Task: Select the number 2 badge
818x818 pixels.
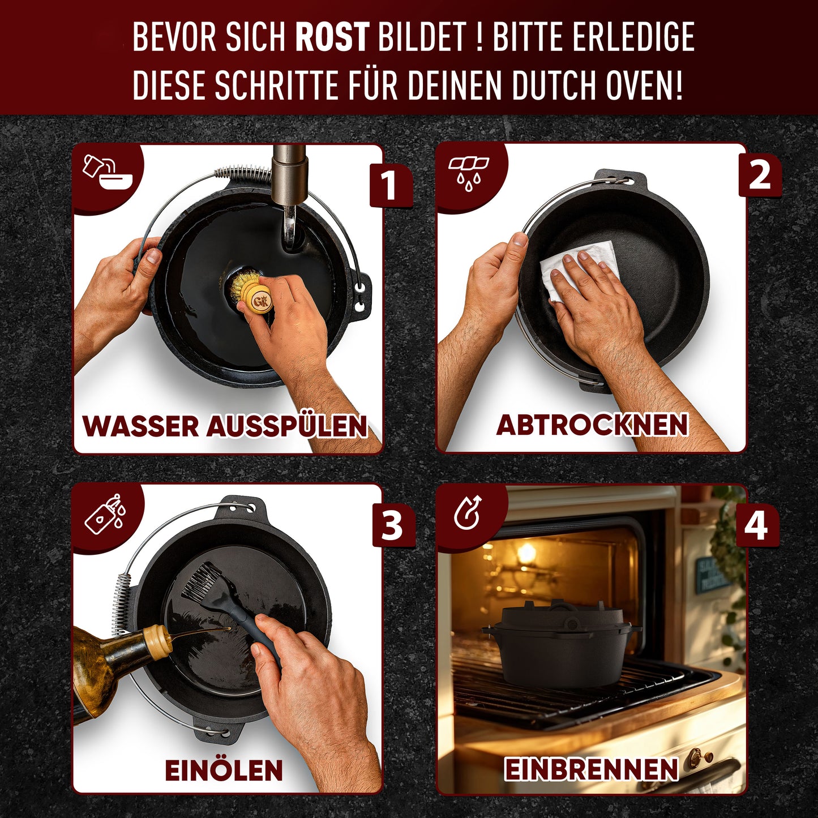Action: tap(759, 177)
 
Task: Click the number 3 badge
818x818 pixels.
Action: tap(392, 525)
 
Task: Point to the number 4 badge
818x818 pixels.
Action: tap(756, 525)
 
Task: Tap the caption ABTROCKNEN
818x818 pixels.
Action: tap(592, 425)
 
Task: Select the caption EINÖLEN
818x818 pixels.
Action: tap(224, 770)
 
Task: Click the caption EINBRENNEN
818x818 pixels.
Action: tap(591, 770)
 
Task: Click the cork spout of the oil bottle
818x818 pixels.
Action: tap(157, 641)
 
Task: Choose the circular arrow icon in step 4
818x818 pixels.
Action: tap(468, 513)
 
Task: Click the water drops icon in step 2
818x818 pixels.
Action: tap(469, 173)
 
